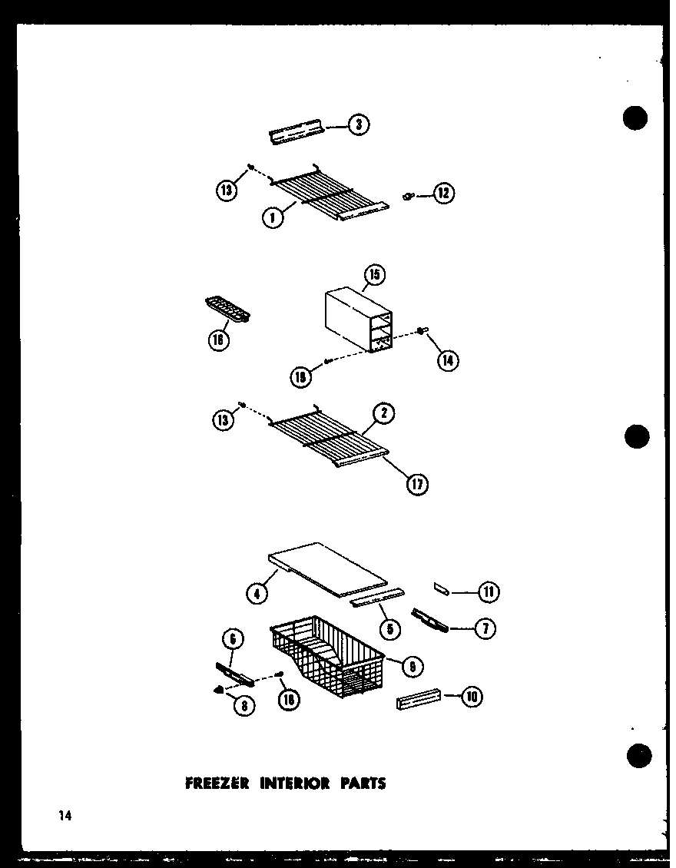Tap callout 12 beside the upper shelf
pyautogui.click(x=444, y=194)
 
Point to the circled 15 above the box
pyautogui.click(x=376, y=275)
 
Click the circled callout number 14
pyautogui.click(x=448, y=359)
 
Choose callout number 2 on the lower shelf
pyautogui.click(x=384, y=414)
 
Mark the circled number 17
pyautogui.click(x=418, y=484)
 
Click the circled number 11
pyautogui.click(x=489, y=591)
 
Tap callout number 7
pyautogui.click(x=485, y=629)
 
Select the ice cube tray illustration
pyautogui.click(x=230, y=310)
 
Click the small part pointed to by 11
pyautogui.click(x=443, y=588)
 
